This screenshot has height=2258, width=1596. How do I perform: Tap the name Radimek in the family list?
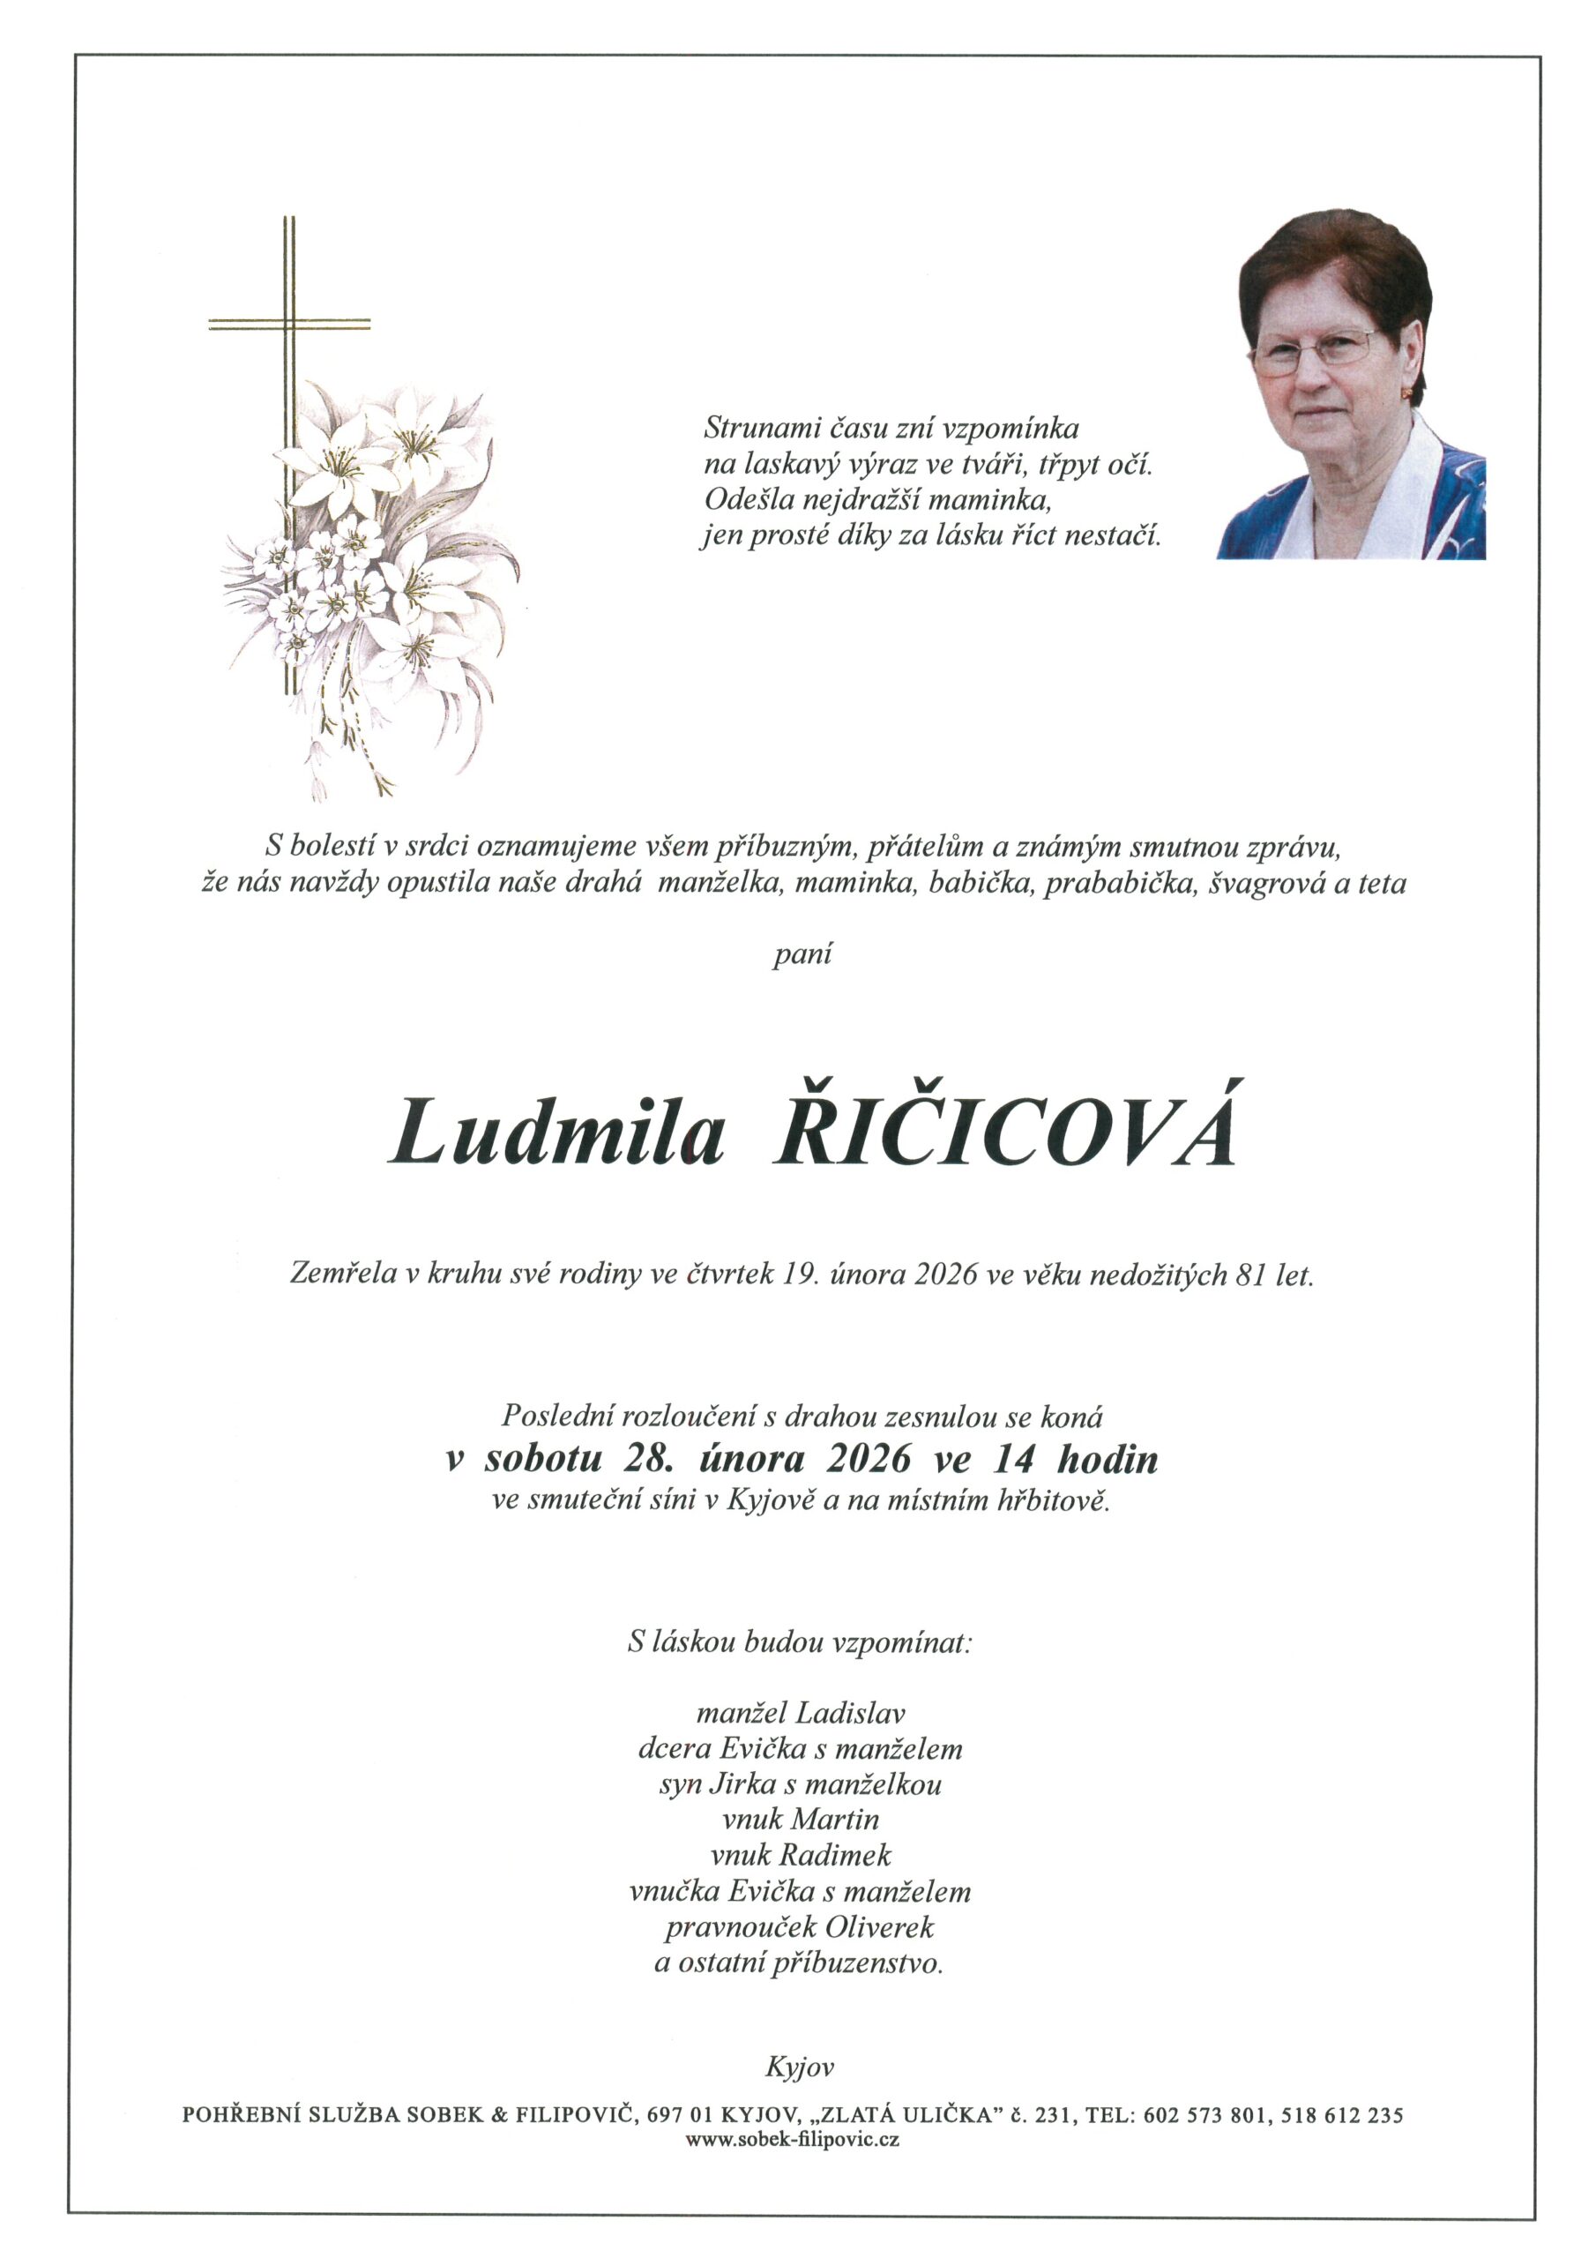click(835, 1856)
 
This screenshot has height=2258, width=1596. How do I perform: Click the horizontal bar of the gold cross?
click(289, 324)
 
